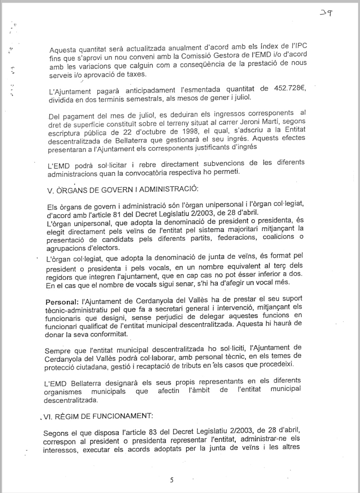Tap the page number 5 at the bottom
[172, 480]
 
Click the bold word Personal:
[61, 302]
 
